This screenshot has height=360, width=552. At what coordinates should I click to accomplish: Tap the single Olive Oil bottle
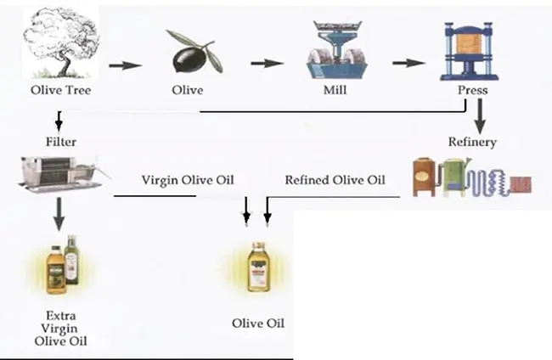tap(257, 267)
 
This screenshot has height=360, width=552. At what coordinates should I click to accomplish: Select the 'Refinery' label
tap(471, 142)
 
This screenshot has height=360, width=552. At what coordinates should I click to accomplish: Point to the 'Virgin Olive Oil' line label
tap(187, 180)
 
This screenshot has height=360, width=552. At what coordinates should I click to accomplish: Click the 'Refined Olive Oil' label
tap(335, 180)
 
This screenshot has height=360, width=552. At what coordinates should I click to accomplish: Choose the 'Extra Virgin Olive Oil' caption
tap(61, 328)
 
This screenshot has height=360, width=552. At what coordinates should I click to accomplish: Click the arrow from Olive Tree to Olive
tap(125, 65)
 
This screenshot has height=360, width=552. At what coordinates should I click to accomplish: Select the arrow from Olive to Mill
tap(267, 65)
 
